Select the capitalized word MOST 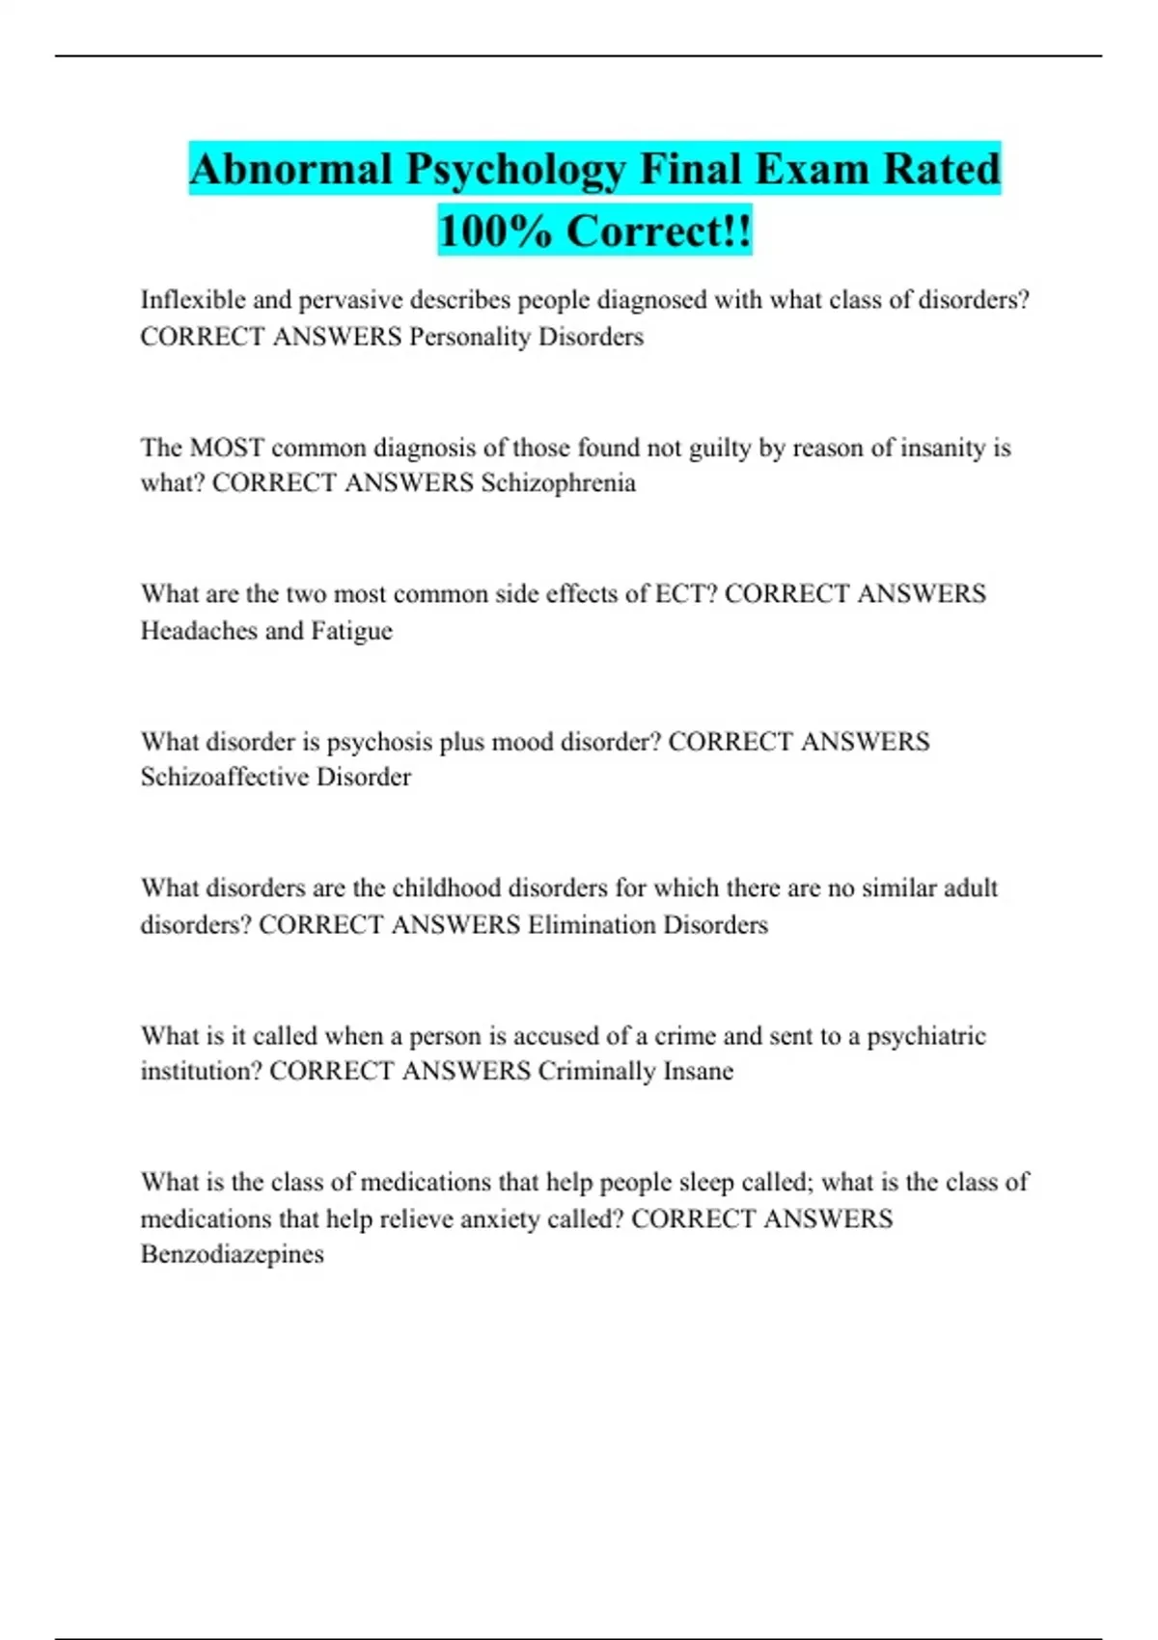click(x=227, y=448)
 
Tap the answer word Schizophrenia click(x=558, y=482)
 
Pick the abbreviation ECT click(x=685, y=593)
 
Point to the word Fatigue click(x=351, y=631)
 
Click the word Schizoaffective click(x=225, y=778)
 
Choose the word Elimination click(x=591, y=924)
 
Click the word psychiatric click(x=925, y=1036)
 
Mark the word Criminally click(x=595, y=1071)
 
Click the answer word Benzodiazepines click(x=232, y=1254)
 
